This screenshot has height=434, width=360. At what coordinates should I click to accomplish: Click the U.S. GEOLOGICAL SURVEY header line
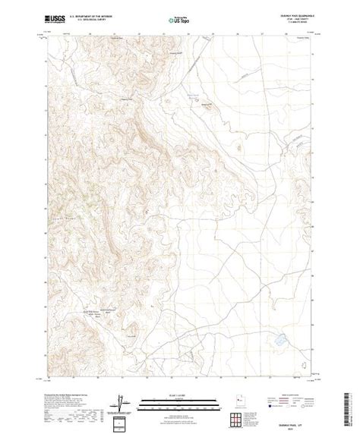tap(88, 17)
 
